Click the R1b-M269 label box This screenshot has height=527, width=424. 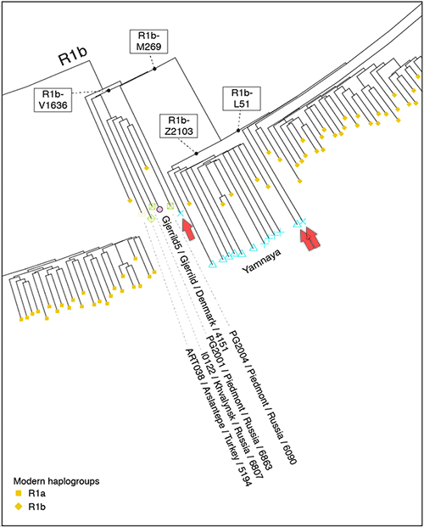tap(148, 42)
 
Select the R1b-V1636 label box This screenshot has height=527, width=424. tap(53, 100)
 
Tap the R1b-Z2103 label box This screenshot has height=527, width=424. tap(179, 126)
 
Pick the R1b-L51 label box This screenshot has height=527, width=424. tap(242, 98)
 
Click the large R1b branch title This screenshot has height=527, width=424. tap(73, 55)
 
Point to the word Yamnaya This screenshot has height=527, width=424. tap(261, 261)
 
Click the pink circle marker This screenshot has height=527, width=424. tap(159, 210)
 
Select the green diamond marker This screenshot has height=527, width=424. tap(151, 218)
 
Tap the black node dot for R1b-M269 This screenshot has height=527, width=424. tap(155, 69)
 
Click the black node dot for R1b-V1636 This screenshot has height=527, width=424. tap(109, 91)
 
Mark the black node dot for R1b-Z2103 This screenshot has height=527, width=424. tap(196, 154)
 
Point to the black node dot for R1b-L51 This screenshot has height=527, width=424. tap(238, 131)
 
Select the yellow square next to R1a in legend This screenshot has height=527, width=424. tap(19, 493)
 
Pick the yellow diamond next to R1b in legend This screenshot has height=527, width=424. tap(19, 507)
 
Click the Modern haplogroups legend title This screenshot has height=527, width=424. tap(57, 481)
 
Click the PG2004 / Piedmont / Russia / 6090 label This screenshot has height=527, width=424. tap(263, 396)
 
